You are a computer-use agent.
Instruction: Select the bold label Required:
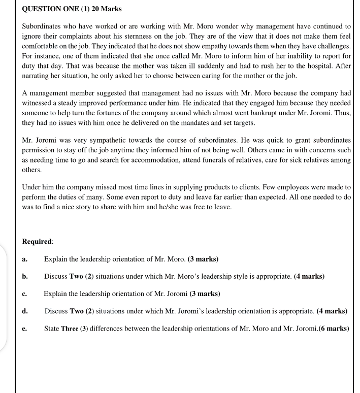point(37,242)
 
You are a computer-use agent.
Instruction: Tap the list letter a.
point(25,259)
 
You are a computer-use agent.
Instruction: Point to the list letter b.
point(25,277)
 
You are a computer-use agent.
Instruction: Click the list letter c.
point(25,294)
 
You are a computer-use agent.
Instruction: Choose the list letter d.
point(25,311)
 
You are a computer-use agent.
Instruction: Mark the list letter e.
point(25,328)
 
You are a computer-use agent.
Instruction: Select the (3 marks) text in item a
point(203,259)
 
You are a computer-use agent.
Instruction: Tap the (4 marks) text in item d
point(332,311)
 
